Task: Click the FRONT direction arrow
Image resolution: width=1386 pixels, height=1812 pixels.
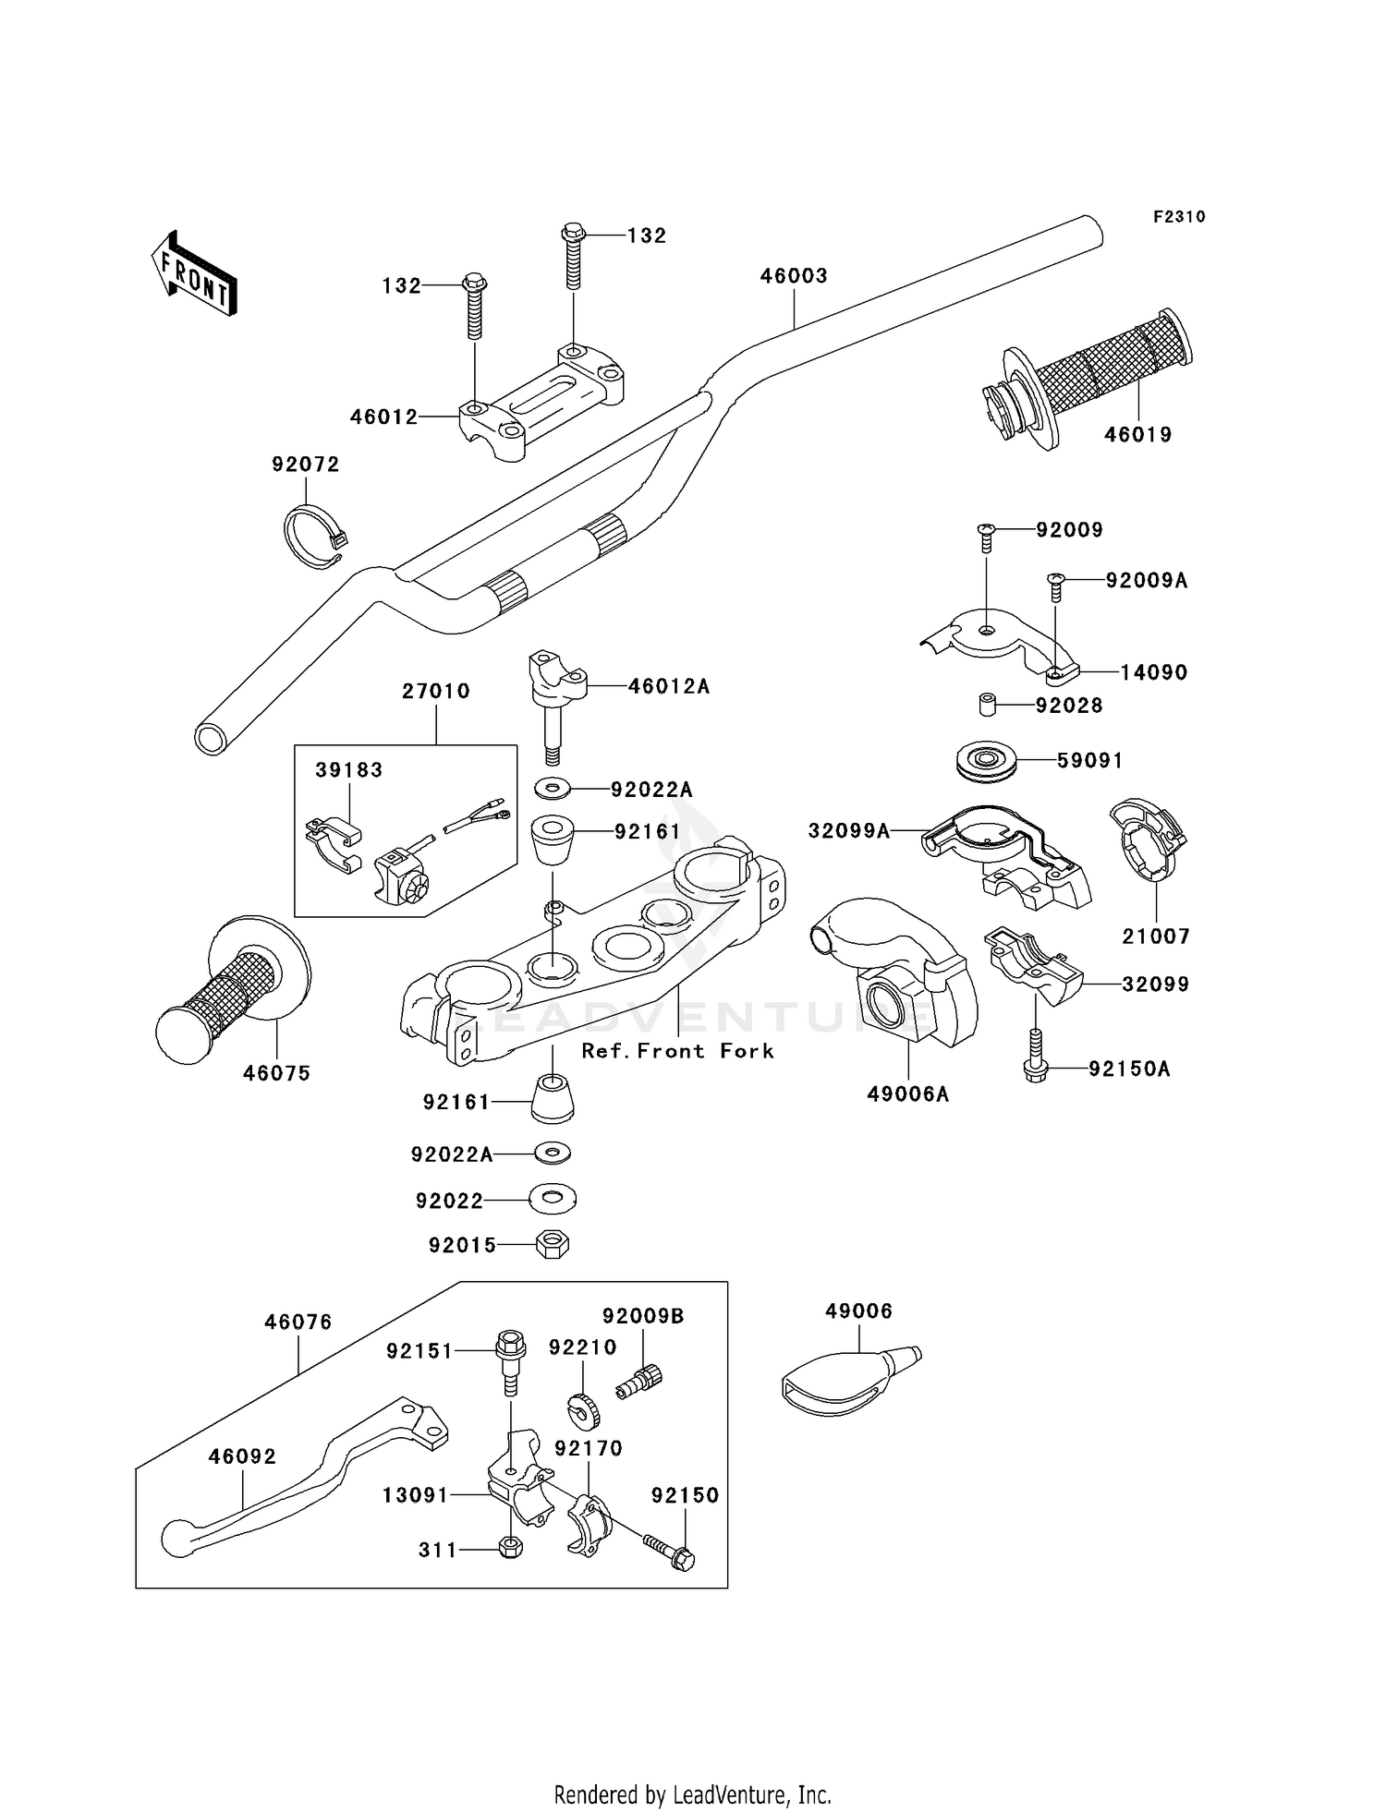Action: click(194, 274)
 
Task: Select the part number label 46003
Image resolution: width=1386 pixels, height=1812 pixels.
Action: click(794, 275)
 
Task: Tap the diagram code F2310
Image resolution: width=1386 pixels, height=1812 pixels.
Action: click(1179, 217)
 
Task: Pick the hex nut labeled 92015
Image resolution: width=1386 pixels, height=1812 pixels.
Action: click(553, 1244)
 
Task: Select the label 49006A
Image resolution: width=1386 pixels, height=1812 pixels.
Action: click(908, 1094)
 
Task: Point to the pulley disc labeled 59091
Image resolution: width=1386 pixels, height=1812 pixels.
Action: click(987, 761)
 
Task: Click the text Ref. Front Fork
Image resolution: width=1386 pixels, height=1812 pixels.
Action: click(677, 1051)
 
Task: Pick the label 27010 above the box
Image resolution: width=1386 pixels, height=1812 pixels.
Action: click(436, 691)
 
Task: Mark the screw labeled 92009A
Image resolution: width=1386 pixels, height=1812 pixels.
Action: click(1056, 586)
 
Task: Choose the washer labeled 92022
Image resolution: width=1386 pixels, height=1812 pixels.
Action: click(553, 1200)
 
